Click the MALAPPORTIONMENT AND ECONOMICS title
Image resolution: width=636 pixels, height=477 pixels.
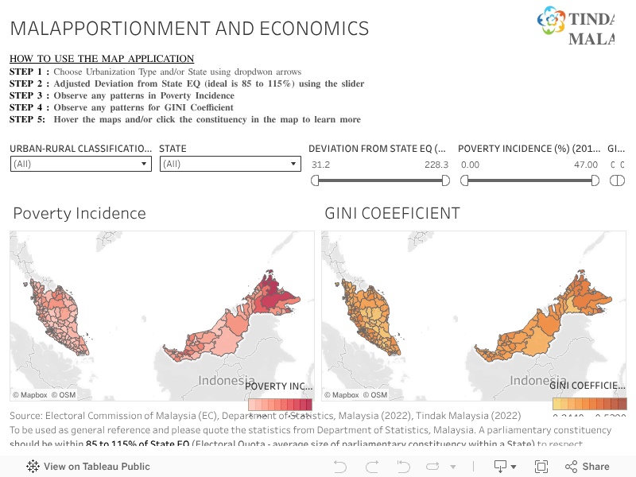(x=189, y=29)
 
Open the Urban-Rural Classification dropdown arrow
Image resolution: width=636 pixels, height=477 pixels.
(x=144, y=164)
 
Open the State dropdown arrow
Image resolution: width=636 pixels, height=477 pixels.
(x=293, y=164)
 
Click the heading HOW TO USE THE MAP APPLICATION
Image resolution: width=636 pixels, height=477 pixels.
(x=102, y=59)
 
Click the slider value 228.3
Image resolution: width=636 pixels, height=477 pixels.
(x=436, y=165)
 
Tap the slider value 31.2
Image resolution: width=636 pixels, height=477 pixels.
(x=320, y=165)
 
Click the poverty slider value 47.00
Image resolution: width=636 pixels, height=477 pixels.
(x=586, y=165)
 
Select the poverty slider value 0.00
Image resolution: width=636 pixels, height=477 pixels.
(x=470, y=165)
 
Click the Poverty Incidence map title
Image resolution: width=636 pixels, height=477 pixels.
(x=79, y=213)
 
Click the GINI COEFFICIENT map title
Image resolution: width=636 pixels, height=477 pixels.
(x=392, y=213)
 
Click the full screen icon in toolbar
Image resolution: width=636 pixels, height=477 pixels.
(x=541, y=467)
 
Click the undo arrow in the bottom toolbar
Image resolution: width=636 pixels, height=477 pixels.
(x=339, y=467)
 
